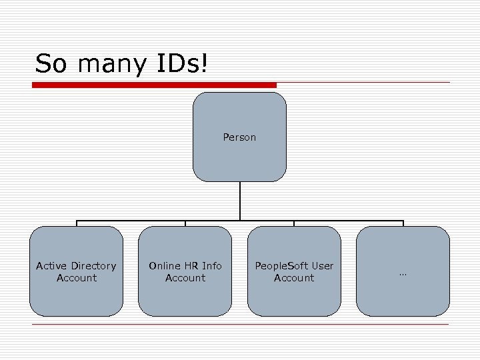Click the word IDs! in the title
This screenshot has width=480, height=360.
point(182,64)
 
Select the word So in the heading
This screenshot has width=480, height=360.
point(51,64)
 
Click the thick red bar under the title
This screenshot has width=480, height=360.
point(155,85)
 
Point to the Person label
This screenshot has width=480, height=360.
point(239,137)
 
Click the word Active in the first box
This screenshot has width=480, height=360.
point(51,266)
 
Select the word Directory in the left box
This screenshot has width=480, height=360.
point(93,266)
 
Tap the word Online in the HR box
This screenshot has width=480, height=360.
point(165,266)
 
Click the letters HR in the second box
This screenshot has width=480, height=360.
point(191,266)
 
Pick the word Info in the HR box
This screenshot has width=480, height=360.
point(212,266)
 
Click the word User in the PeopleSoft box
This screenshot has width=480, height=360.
point(322,266)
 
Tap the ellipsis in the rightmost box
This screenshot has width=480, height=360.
point(403,273)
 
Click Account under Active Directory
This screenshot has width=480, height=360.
point(77,278)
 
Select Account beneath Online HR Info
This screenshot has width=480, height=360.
point(185,278)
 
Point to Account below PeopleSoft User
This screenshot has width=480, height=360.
point(294,278)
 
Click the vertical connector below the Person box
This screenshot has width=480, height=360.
point(239,201)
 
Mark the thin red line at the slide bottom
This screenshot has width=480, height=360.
point(240,325)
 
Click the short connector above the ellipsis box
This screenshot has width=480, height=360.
point(403,223)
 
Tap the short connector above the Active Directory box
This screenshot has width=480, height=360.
point(77,223)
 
